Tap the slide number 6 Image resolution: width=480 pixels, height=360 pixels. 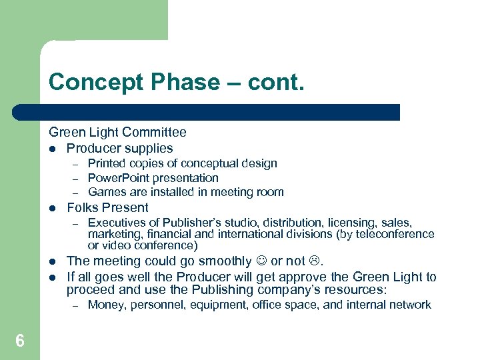click(x=20, y=341)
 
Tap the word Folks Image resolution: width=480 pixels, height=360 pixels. click(x=83, y=207)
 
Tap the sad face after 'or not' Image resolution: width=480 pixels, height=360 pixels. click(x=317, y=261)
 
